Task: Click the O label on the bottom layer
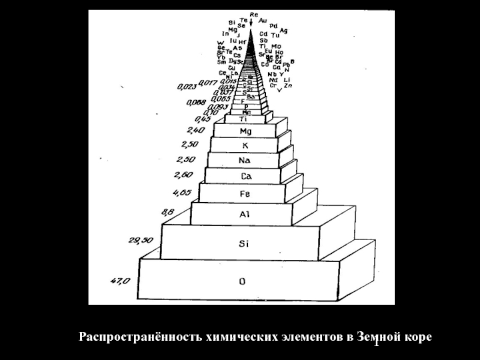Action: [242, 280]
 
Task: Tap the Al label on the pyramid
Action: [245, 213]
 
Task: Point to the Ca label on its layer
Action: [245, 176]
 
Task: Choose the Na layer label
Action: [244, 160]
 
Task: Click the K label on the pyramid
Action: [245, 146]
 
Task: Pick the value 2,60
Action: [184, 175]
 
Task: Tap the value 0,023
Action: [185, 85]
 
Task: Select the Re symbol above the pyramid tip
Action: [254, 14]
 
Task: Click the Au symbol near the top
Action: [263, 20]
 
